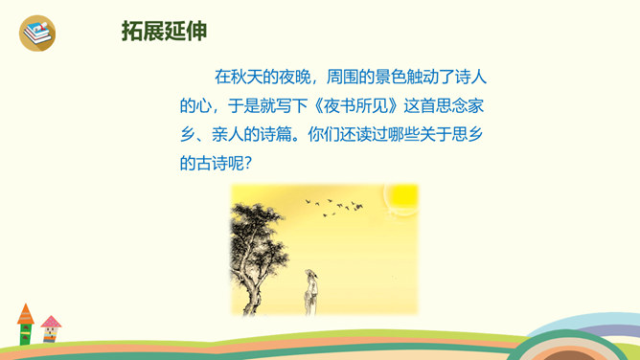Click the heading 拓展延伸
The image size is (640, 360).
coord(164,31)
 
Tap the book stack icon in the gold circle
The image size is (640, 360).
coord(37,33)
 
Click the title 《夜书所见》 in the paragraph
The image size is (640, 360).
coord(355,106)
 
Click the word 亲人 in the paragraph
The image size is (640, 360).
coord(228,135)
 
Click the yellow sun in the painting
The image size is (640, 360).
coord(402,197)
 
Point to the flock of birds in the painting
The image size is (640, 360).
coord(334,207)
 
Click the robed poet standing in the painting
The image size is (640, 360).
coord(310,291)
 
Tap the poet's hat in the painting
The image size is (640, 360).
coord(310,272)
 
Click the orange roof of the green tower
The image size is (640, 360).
coord(25,314)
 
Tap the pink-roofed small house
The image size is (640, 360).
coord(51,328)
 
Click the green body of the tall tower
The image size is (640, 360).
coord(25,334)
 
